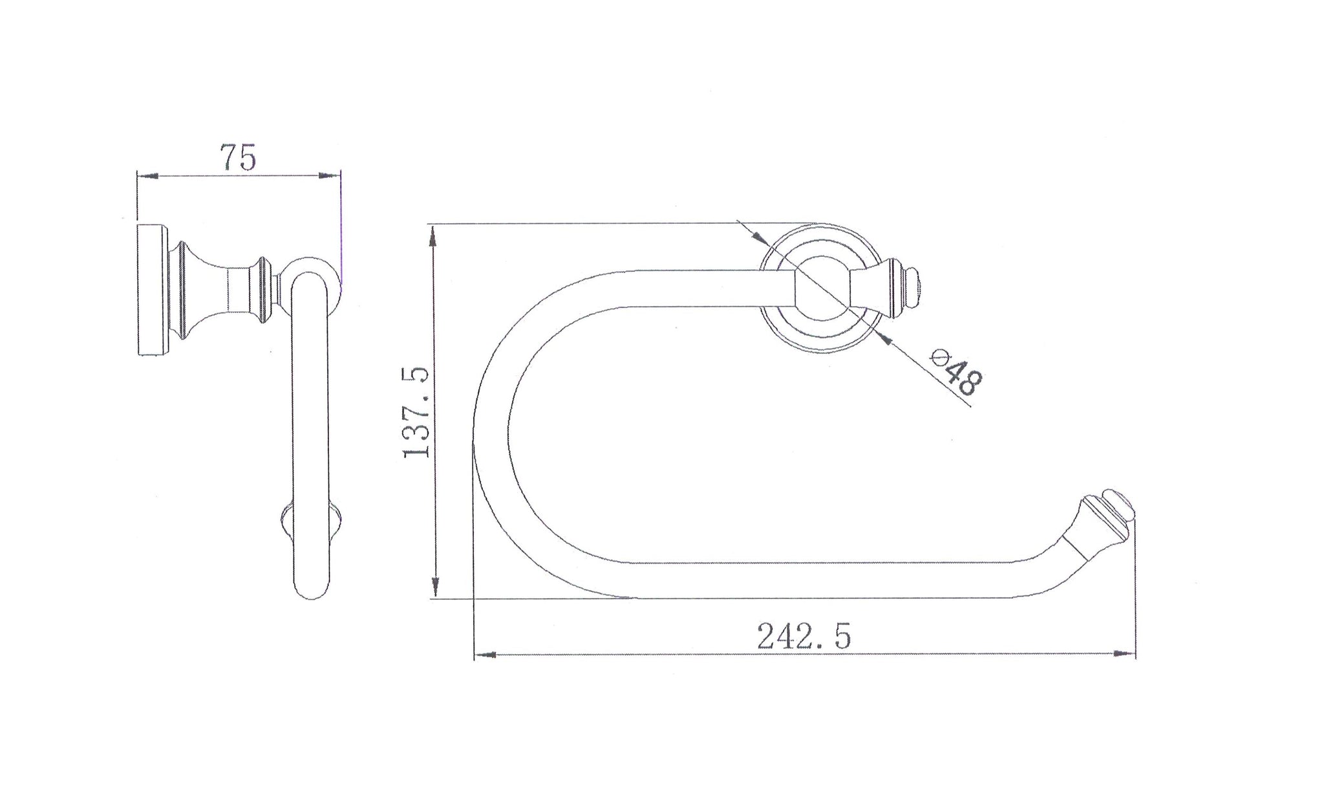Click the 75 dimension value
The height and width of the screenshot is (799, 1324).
tap(239, 158)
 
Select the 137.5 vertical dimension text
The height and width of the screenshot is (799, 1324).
tap(416, 412)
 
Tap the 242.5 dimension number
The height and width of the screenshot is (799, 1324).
tap(804, 636)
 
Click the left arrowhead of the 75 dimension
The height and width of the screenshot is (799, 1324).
tap(147, 175)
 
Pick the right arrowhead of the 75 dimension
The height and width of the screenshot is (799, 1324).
tap(330, 175)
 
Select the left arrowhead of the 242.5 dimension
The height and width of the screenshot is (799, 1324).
tap(485, 655)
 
